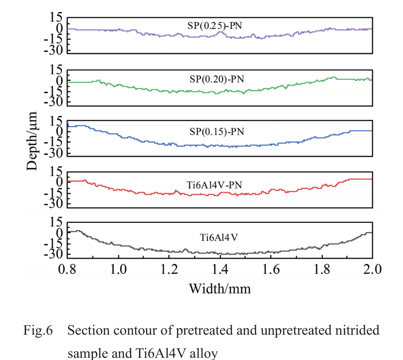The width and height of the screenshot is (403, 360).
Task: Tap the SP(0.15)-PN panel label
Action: [x=217, y=132]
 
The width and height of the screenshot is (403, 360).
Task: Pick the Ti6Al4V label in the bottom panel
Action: [x=219, y=237]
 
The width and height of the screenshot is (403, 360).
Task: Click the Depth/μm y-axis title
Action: [x=33, y=141]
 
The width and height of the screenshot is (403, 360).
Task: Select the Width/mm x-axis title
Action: [x=220, y=288]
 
